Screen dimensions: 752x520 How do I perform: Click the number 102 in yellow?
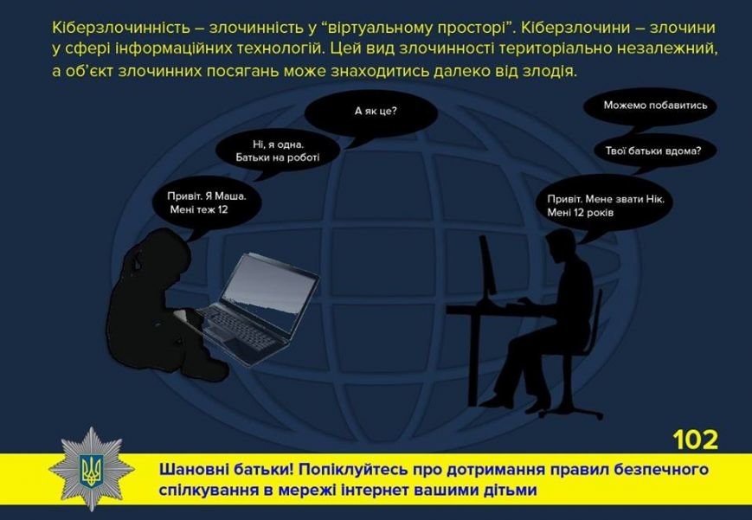point(696,440)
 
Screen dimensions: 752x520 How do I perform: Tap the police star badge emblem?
point(91,469)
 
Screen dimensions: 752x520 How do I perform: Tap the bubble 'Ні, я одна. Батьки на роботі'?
point(277,151)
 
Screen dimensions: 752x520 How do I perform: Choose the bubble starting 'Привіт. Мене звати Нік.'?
point(604,206)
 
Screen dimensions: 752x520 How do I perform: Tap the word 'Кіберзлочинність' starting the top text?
point(121,28)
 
